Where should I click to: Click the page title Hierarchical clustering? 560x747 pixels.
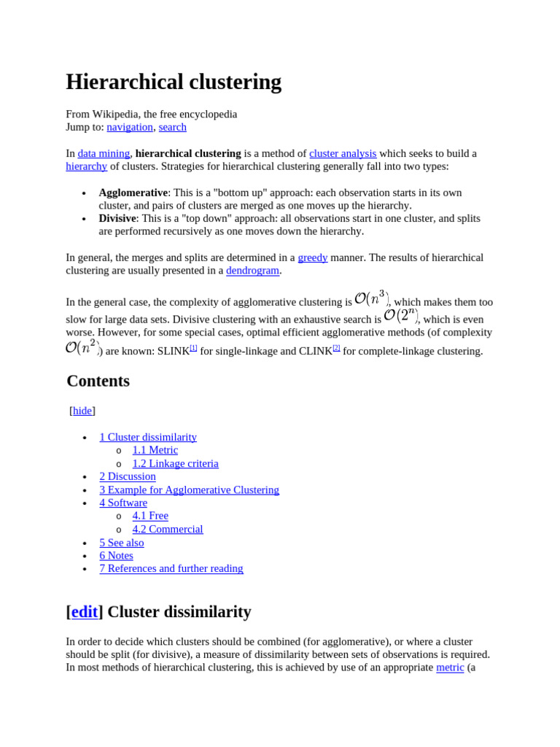pos(174,82)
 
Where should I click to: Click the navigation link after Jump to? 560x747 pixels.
pos(130,127)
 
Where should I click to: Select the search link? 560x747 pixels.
pos(173,127)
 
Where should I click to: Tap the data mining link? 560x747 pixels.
pos(104,153)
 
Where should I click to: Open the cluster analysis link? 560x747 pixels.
pos(343,153)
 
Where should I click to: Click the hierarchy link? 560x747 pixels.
pos(86,166)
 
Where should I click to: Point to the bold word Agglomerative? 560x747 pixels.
pos(133,193)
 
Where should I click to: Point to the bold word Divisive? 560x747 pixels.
pos(117,218)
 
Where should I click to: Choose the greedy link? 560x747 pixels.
pos(312,258)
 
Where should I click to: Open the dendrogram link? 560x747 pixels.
pos(252,271)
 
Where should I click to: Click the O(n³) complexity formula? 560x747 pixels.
pos(371,298)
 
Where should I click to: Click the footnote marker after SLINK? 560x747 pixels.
pos(193,348)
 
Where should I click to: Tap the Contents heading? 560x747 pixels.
pos(98,381)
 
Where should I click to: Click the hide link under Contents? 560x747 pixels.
pos(82,411)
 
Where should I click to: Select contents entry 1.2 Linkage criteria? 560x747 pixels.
pos(175,463)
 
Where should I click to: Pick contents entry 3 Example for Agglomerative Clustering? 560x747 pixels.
pos(189,489)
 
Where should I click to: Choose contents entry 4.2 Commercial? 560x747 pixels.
pos(168,529)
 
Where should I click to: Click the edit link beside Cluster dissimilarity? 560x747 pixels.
pos(85,611)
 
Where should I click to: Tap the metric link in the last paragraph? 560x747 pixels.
pos(450,667)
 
